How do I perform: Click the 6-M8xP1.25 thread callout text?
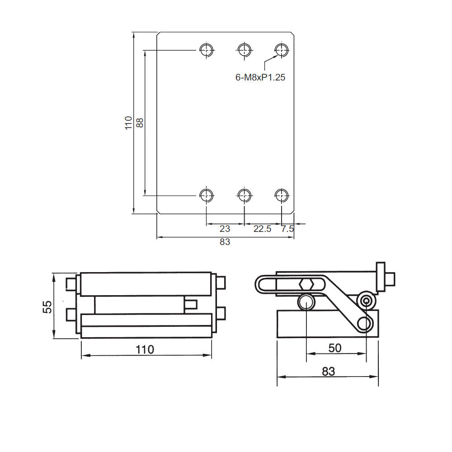tap(260, 77)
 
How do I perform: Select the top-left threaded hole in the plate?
tap(207, 50)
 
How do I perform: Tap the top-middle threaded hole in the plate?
tap(244, 50)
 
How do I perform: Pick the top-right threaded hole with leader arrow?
tap(282, 50)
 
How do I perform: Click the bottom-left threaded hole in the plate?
tap(207, 195)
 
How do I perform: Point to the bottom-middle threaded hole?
tap(244, 195)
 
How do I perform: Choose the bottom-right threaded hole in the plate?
tap(282, 195)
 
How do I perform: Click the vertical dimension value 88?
tap(140, 122)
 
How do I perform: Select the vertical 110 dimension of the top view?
tap(129, 122)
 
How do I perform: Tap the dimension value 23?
tap(225, 229)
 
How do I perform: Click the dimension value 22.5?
tap(262, 229)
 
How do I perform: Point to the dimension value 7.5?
tap(287, 229)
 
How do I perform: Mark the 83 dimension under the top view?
tap(225, 242)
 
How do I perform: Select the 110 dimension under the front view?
tap(145, 349)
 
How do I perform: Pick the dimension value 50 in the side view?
tap(335, 348)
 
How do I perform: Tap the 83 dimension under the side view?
tap(329, 371)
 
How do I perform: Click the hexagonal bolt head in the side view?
tap(306, 285)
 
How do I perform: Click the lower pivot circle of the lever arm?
tap(364, 323)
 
